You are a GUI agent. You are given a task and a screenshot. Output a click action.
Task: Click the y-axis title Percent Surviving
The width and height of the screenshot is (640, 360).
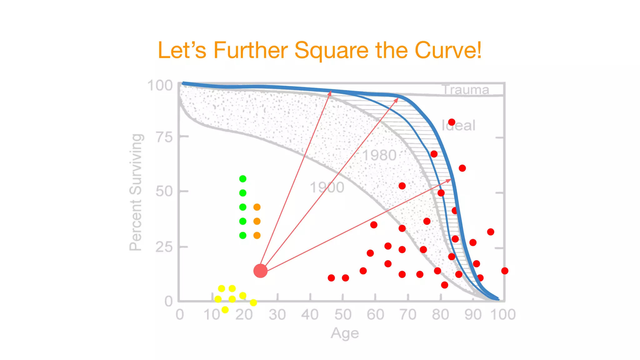point(136,192)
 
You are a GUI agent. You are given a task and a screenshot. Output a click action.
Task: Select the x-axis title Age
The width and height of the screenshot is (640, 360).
point(345,333)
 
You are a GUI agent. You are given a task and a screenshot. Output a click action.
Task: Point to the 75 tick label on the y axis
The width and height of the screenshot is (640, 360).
point(164,137)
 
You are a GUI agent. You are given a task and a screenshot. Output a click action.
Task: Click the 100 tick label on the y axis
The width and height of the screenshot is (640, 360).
point(160,86)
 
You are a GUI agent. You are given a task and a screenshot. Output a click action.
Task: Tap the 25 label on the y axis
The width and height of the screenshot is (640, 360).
point(164,247)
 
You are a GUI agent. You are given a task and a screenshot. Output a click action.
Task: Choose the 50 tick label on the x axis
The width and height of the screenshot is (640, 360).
point(343,314)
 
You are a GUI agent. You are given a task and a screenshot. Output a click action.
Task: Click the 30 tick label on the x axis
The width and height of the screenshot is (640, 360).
point(277,314)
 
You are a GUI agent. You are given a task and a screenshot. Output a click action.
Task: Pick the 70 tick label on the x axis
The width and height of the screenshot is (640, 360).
point(408,314)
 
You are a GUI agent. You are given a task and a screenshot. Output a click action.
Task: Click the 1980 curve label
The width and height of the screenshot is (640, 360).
point(379,155)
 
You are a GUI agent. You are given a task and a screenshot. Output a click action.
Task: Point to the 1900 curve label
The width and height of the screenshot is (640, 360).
point(327,187)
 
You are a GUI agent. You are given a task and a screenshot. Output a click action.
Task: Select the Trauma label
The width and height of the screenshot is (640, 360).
point(466,90)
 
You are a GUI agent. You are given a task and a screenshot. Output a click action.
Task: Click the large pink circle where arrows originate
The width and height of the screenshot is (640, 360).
point(260,271)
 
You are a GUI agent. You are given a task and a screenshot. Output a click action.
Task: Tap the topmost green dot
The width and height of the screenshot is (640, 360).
point(243,179)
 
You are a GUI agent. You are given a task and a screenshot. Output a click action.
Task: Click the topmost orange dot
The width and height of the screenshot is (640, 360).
point(257,207)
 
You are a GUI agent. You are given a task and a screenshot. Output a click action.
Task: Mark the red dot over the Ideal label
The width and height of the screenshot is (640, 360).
point(452,122)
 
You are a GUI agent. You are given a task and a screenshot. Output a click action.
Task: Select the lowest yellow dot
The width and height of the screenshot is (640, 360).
point(225,310)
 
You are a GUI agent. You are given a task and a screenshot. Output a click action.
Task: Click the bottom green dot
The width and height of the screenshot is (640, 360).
point(243,235)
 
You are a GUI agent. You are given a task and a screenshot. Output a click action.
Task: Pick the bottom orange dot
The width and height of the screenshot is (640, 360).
point(257,235)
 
